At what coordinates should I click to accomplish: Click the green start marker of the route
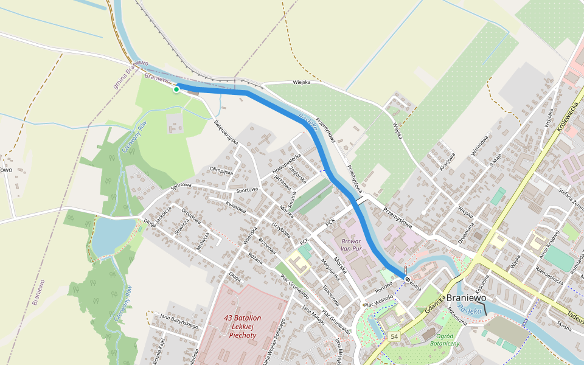[176, 89]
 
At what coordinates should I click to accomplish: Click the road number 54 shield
[395, 336]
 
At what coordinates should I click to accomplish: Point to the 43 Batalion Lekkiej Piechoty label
[243, 327]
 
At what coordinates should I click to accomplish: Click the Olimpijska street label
[221, 171]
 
